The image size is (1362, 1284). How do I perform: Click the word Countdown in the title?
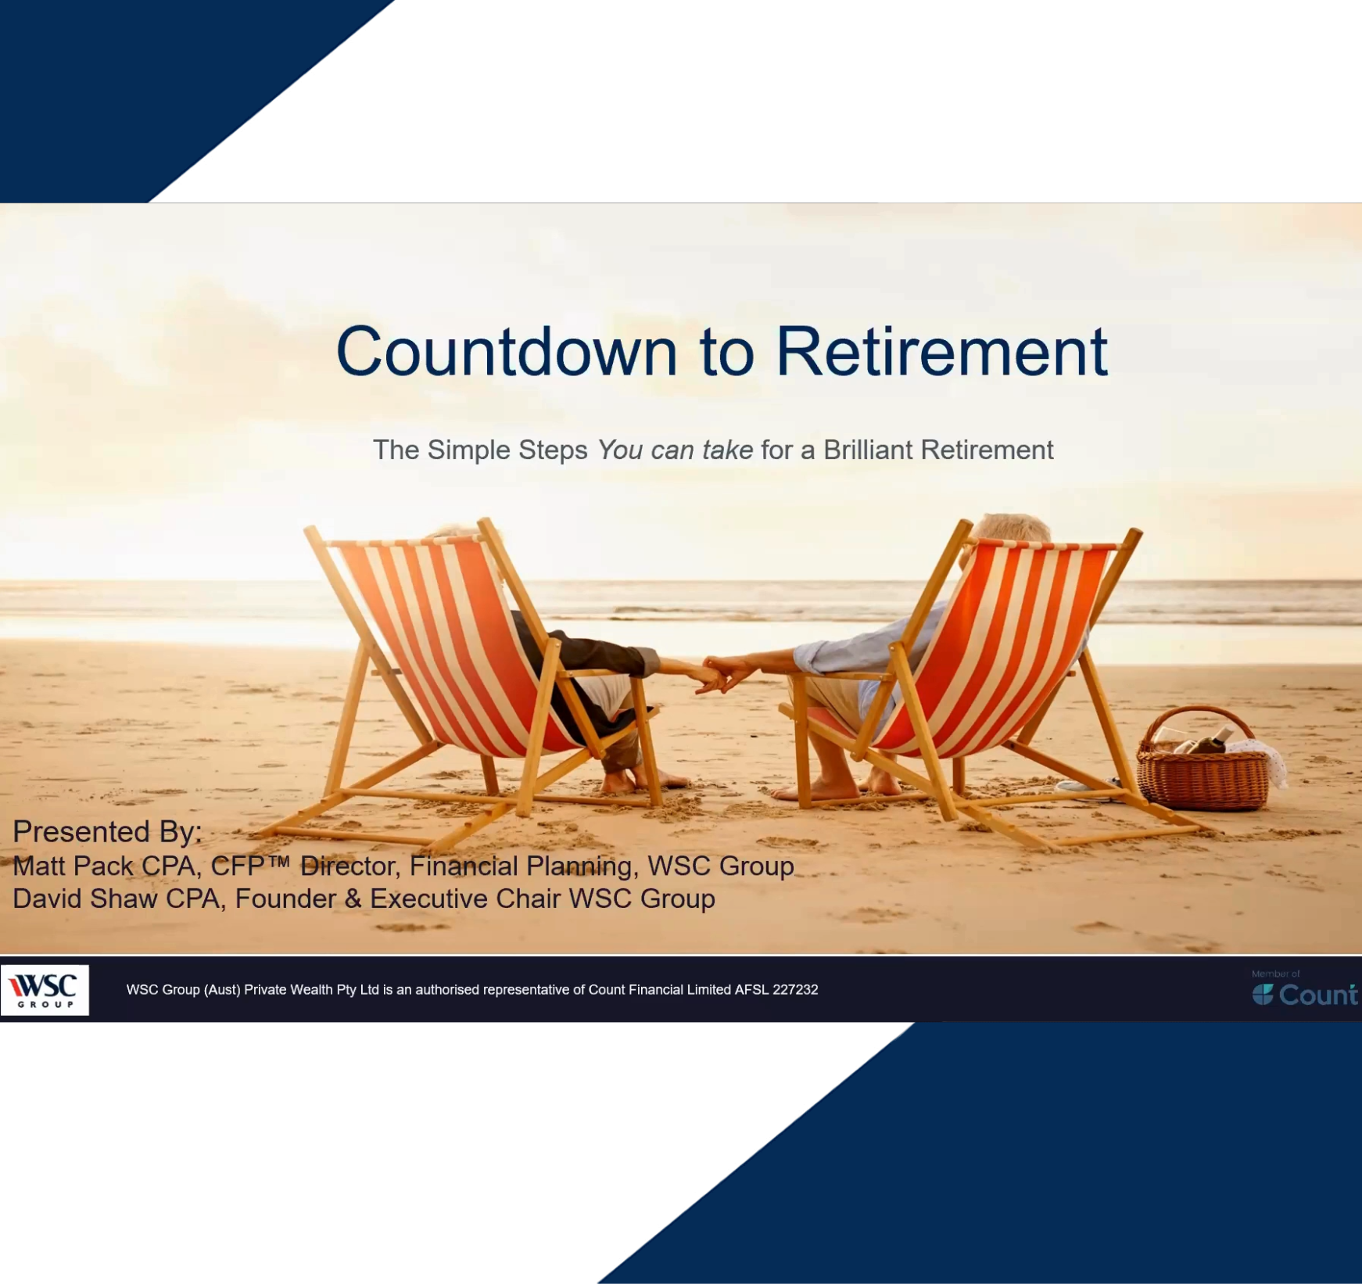point(506,352)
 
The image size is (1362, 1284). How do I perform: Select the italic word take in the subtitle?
point(727,450)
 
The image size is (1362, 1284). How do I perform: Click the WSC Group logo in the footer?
point(45,989)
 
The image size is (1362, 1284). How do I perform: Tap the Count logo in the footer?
point(1305,994)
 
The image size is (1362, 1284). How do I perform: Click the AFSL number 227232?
point(795,990)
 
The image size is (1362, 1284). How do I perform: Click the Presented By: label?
point(107,831)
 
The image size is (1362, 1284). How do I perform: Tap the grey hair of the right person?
point(1009,525)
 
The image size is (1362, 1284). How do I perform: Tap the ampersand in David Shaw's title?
point(353,899)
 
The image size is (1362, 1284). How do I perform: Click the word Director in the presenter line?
point(349,866)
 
